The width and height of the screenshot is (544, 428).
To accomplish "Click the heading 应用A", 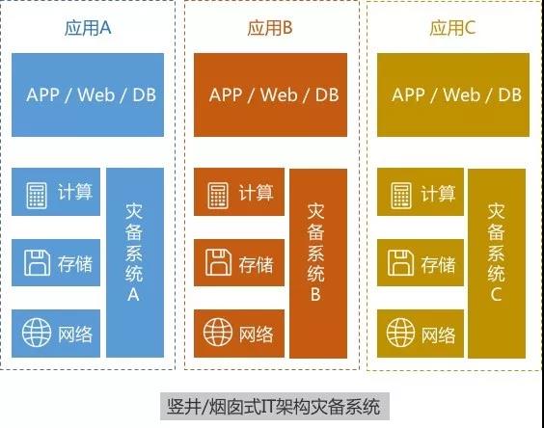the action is tap(88, 28).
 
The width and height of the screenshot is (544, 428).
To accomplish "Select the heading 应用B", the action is tap(270, 28).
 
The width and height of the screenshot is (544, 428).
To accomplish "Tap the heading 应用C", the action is tap(452, 28).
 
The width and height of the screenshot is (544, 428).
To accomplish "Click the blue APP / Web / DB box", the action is tap(88, 94).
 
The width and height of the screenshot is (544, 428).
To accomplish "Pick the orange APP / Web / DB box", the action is tap(271, 94).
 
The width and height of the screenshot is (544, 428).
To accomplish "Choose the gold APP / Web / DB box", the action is tap(453, 94).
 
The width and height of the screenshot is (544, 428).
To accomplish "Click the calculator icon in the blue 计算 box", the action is tap(37, 196).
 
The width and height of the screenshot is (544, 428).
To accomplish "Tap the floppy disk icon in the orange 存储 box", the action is tap(218, 262).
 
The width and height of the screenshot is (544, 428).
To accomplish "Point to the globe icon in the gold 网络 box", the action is tap(400, 333).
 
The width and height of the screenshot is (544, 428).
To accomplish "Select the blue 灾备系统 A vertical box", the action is tap(135, 262).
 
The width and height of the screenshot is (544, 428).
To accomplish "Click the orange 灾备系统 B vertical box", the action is tap(318, 263).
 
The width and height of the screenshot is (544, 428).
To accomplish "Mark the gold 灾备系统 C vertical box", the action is tap(497, 263).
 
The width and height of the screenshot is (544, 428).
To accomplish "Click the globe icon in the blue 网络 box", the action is tap(37, 333).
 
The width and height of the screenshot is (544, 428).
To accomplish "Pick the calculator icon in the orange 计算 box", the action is tap(218, 196).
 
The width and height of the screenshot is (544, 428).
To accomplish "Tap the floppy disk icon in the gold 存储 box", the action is tap(400, 262).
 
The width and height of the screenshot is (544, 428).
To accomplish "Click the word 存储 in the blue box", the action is tap(75, 264).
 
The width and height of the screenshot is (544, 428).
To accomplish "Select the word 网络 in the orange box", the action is tap(256, 334).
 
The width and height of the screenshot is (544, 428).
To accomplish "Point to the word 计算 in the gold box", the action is tap(438, 193).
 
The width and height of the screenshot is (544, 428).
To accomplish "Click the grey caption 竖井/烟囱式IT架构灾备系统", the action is tap(275, 407).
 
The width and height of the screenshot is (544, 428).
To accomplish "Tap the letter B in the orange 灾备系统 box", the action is tap(315, 294).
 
